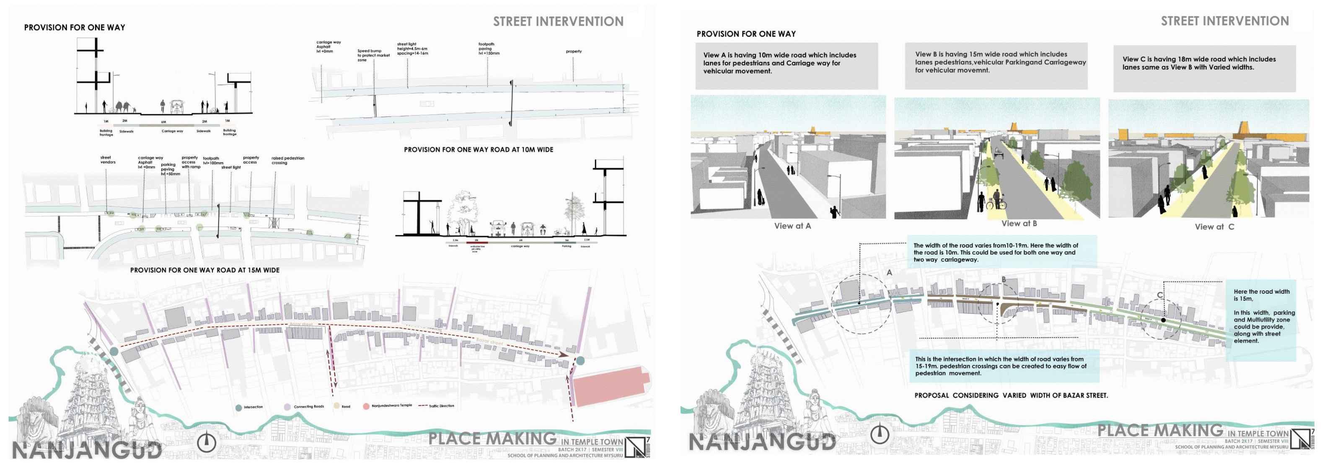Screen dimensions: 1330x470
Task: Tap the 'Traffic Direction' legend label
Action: (x=441, y=406)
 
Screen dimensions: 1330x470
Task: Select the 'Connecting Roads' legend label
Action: (x=309, y=407)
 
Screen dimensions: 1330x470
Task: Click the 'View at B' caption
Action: (x=1019, y=223)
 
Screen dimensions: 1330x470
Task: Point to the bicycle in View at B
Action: (x=996, y=204)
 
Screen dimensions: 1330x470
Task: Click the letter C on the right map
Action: (x=1159, y=295)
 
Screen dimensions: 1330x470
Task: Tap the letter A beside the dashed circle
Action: (x=889, y=272)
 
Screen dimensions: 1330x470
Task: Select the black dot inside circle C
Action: (x=1163, y=320)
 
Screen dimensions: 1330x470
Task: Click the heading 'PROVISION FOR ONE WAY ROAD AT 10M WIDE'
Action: (x=478, y=150)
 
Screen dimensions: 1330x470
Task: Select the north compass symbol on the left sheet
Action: (x=207, y=442)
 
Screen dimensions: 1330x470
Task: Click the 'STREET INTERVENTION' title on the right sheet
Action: (x=1225, y=21)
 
